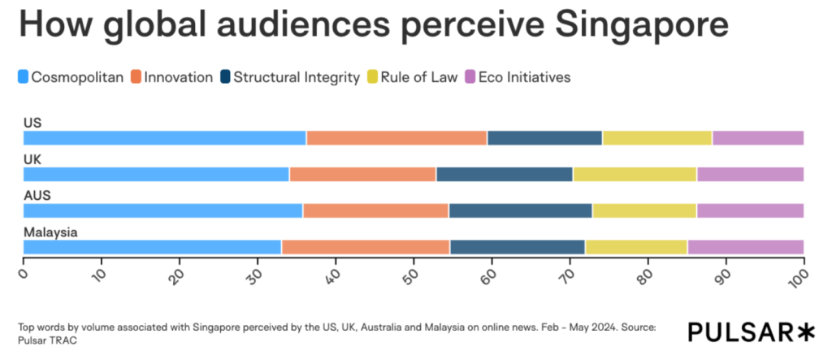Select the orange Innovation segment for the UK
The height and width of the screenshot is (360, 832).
click(362, 174)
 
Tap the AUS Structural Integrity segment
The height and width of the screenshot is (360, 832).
click(520, 210)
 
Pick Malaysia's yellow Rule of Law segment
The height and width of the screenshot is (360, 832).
click(636, 247)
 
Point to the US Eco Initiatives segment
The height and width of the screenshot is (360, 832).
click(757, 138)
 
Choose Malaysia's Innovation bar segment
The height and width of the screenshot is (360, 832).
click(366, 247)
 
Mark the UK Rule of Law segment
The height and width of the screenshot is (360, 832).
click(635, 174)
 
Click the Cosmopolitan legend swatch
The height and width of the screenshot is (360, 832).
click(24, 78)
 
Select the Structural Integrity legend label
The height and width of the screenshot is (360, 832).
click(296, 78)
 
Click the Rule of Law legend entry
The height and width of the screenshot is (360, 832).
click(423, 78)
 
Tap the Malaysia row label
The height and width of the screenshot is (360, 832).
click(50, 232)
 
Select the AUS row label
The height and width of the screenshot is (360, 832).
click(37, 196)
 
